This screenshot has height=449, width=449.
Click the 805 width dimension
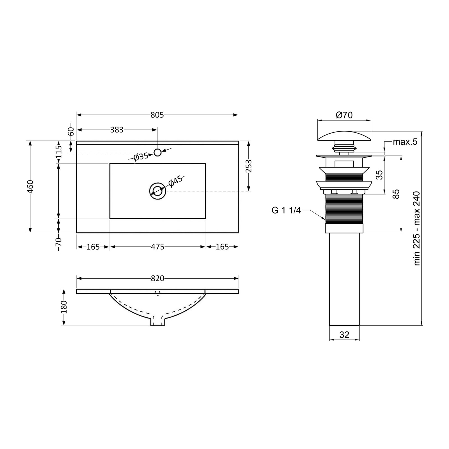pyautogui.click(x=157, y=115)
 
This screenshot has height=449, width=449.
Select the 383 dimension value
pyautogui.click(x=117, y=130)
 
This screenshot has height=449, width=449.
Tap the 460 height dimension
pyautogui.click(x=30, y=186)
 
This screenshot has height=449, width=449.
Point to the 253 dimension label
pyautogui.click(x=249, y=166)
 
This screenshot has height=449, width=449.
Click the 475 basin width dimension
pyautogui.click(x=157, y=247)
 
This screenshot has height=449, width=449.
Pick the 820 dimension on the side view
pyautogui.click(x=157, y=278)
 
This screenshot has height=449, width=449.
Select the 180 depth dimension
pyautogui.click(x=64, y=307)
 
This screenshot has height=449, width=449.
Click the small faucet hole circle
pyautogui.click(x=157, y=152)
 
